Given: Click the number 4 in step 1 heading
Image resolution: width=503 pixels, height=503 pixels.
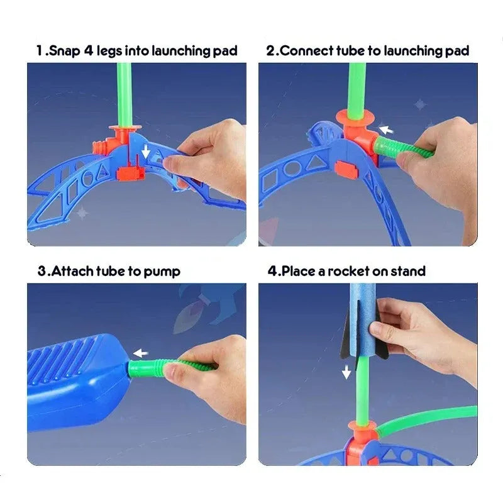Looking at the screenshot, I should click(88, 50).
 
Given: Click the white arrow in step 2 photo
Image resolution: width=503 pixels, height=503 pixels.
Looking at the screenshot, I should click(385, 130).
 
